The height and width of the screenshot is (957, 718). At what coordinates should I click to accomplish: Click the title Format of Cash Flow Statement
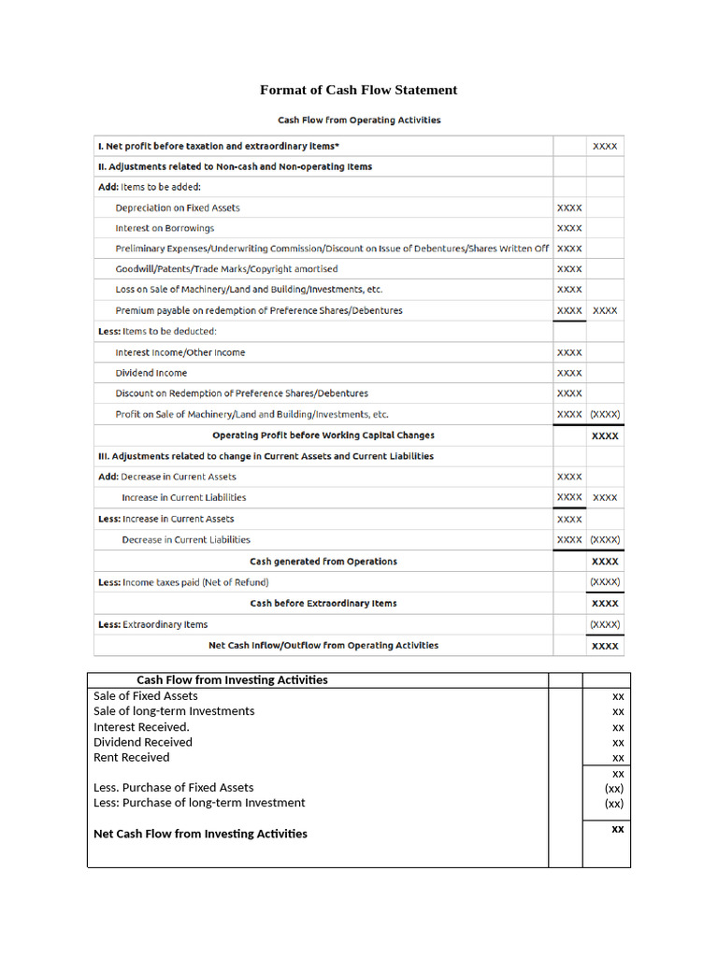coord(358,91)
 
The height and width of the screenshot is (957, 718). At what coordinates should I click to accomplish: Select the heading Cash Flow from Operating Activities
coord(359,120)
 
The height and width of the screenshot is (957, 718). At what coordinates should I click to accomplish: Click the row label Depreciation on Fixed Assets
coord(178,207)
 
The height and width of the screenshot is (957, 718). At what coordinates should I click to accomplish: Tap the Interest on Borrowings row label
coord(165,228)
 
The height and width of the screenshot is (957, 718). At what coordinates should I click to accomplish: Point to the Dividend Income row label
coord(151,373)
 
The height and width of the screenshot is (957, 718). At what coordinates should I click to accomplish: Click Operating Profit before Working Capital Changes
coord(323,436)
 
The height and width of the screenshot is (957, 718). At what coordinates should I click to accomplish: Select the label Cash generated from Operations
coord(323,562)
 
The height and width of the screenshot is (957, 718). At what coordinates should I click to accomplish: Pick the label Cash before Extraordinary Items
coord(323,604)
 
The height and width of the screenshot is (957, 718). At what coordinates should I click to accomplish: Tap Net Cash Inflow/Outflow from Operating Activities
coord(323,645)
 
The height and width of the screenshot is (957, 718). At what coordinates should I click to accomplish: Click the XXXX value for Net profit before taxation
coord(604,147)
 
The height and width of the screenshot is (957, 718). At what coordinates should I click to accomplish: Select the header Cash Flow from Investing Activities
coord(232,680)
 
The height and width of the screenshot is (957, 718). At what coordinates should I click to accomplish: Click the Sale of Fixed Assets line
coord(145,696)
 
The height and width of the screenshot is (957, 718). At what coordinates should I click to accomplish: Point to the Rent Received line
coord(131,758)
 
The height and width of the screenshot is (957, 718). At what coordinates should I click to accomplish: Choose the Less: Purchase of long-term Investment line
coord(199,803)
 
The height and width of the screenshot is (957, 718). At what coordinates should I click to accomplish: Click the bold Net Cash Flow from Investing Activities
coord(200,834)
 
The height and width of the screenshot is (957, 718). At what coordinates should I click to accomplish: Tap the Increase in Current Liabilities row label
coord(183,498)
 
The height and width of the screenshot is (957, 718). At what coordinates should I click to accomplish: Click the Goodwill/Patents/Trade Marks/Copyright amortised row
coord(226,269)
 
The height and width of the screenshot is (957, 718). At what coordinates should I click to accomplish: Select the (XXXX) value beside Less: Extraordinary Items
coord(604,624)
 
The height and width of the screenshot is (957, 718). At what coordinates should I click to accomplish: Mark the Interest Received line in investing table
coord(141,727)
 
